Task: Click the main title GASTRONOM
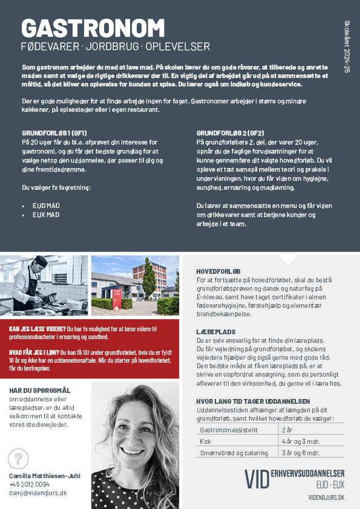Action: (x=93, y=28)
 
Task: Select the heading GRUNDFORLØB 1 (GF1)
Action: (x=54, y=132)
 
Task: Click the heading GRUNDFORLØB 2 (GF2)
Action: (x=230, y=132)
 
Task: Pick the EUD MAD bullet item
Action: (x=46, y=206)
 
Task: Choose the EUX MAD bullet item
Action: (x=46, y=215)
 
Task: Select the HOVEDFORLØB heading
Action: (x=219, y=271)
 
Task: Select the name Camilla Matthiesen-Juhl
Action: (x=45, y=476)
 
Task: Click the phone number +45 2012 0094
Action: (x=30, y=484)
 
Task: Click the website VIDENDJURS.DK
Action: (x=327, y=497)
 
